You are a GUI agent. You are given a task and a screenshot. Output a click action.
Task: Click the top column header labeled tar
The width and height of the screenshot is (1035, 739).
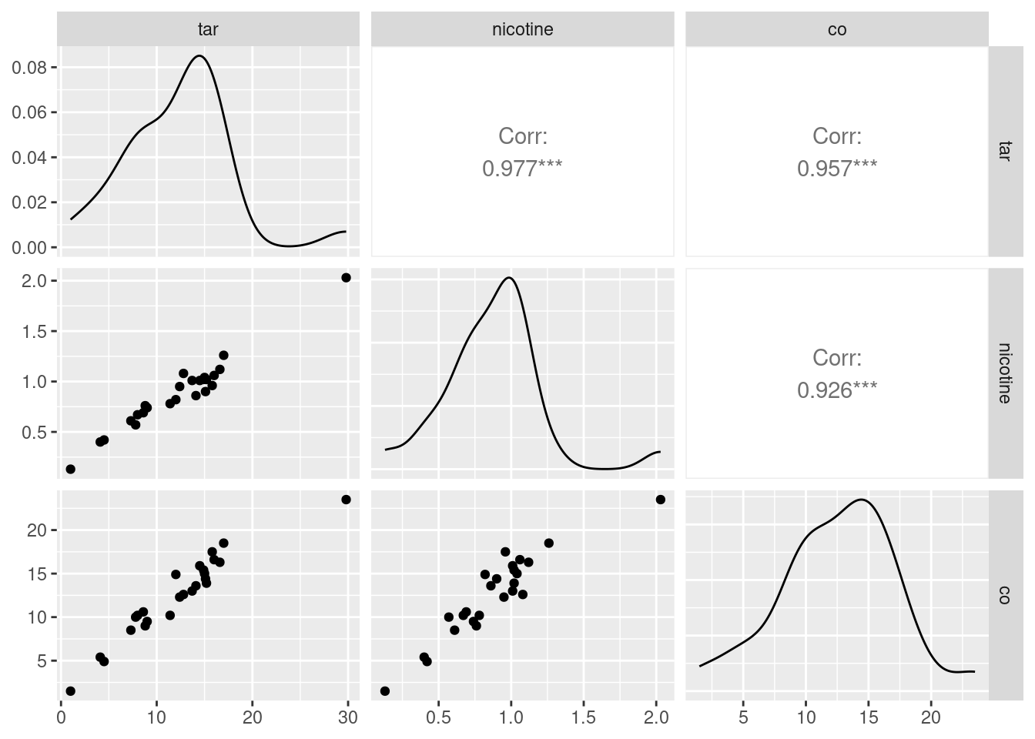(x=208, y=29)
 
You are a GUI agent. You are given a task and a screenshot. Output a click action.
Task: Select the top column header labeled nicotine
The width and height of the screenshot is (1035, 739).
(x=522, y=29)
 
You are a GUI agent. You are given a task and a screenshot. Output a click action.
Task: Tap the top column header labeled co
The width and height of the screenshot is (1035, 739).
(x=836, y=29)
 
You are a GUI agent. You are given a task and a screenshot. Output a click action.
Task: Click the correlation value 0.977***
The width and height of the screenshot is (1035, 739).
(x=522, y=168)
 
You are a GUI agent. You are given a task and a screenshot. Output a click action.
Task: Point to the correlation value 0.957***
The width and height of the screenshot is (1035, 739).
(x=836, y=168)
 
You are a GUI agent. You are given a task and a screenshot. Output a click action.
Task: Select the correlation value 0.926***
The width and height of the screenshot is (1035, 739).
(x=836, y=390)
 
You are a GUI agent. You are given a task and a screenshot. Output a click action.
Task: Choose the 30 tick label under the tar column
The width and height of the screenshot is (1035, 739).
(x=348, y=717)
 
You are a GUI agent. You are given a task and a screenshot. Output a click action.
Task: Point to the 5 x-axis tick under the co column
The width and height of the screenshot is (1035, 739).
(x=743, y=717)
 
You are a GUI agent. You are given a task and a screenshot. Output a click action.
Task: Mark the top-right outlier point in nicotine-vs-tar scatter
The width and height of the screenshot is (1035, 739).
(x=346, y=277)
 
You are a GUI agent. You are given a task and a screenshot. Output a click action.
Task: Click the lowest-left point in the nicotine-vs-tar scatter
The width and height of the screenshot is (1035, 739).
(x=70, y=469)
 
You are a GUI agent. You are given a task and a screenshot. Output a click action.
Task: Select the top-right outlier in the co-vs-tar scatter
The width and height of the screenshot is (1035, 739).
(x=346, y=500)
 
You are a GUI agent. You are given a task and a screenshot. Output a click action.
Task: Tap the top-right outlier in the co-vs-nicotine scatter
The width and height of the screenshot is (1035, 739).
(x=660, y=500)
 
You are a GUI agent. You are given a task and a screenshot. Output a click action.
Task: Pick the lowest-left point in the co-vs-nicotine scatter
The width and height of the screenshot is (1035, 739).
(x=385, y=691)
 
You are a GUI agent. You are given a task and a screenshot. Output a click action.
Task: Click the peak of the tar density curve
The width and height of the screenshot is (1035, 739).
(x=199, y=55)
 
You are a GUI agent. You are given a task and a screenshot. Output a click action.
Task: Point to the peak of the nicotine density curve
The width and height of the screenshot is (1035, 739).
(x=509, y=278)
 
